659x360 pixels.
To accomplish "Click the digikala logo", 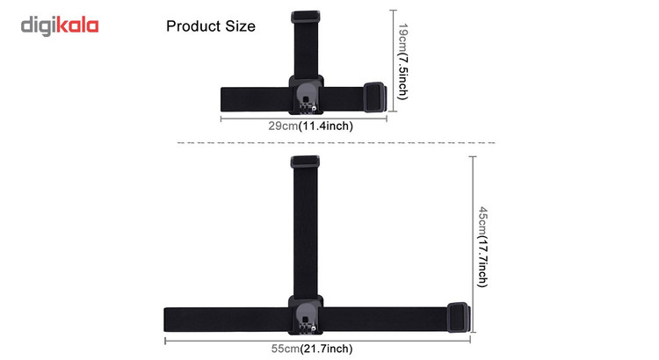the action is click(60, 26).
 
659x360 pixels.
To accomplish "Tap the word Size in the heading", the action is click(241, 26).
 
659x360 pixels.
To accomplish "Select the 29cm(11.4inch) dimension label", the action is click(310, 126).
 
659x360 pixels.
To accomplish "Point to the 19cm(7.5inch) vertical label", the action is click(402, 61).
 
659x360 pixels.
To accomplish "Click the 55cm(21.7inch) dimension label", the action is click(312, 349).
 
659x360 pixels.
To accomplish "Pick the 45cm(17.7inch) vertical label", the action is click(483, 247).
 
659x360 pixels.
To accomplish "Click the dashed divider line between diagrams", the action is click(337, 143).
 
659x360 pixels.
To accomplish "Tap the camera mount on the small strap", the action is click(306, 95).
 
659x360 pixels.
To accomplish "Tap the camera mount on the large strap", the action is click(306, 315).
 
